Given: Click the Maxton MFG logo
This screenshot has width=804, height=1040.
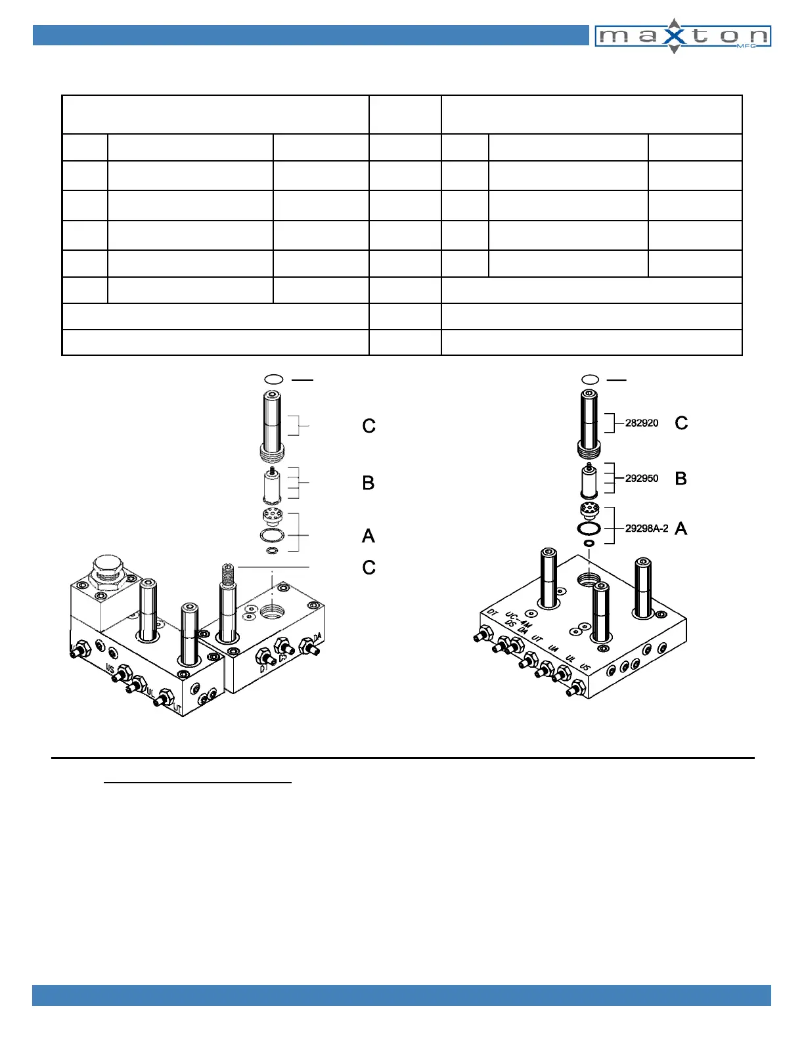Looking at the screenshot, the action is (682, 36).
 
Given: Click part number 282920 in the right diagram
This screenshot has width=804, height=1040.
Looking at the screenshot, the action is (641, 423).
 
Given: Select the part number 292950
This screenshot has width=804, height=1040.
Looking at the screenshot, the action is (641, 479).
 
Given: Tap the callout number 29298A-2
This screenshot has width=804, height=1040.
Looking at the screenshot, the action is (646, 529).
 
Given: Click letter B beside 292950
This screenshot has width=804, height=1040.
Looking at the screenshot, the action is (681, 479).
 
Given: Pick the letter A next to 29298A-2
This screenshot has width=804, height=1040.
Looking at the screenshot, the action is (681, 529).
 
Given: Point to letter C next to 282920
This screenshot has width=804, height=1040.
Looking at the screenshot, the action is (681, 423).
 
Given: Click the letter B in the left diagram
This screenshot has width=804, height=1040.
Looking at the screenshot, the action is (368, 483).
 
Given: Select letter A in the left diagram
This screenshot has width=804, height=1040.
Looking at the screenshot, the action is (368, 536).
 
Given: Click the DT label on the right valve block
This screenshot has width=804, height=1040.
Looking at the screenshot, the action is (493, 613).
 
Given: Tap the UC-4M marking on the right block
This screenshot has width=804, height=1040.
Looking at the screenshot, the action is (517, 619).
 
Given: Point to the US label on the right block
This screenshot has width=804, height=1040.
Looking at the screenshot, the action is (585, 667).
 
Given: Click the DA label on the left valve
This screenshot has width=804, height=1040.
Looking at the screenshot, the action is (317, 637).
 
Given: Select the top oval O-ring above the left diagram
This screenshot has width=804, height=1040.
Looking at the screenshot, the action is (273, 379).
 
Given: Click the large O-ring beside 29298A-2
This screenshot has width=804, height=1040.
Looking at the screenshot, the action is (589, 529).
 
